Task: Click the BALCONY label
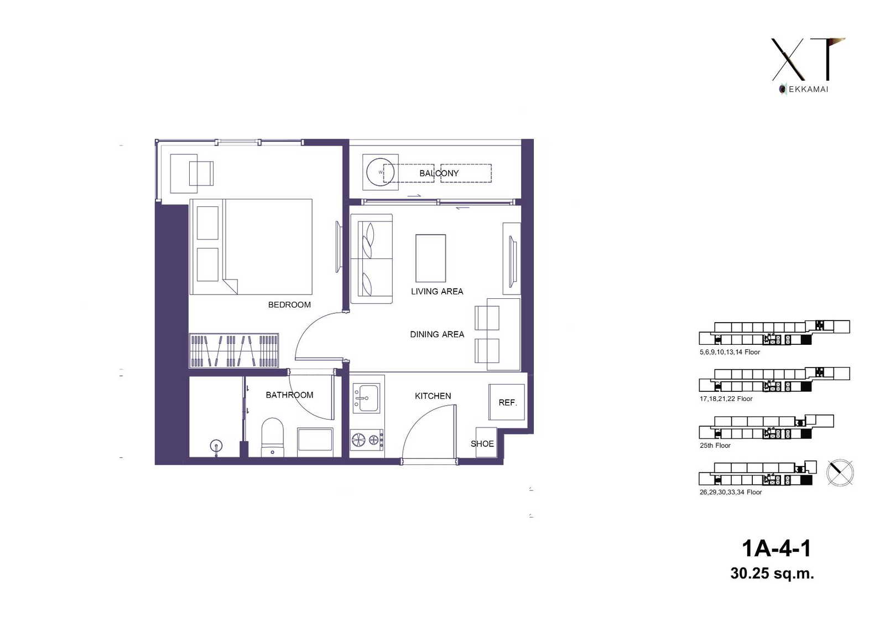coord(439,173)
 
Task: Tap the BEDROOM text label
coord(289,305)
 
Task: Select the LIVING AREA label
coord(437,292)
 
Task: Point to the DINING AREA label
coord(437,334)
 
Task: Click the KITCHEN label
coord(433,396)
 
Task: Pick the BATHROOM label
coord(289,395)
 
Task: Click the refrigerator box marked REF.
coord(507,402)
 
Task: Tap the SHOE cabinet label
coord(482,444)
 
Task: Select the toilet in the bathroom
coord(273,437)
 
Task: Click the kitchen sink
coord(366,398)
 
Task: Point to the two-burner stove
coord(367,440)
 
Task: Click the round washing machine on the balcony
coord(381,173)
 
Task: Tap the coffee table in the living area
coord(431,258)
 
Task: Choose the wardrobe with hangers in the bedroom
coord(234,350)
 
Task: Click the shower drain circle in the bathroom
coord(216,446)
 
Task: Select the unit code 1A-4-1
coord(777,549)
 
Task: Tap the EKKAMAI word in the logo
coord(808,89)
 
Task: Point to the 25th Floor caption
coord(715,446)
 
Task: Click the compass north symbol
coord(840,473)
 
